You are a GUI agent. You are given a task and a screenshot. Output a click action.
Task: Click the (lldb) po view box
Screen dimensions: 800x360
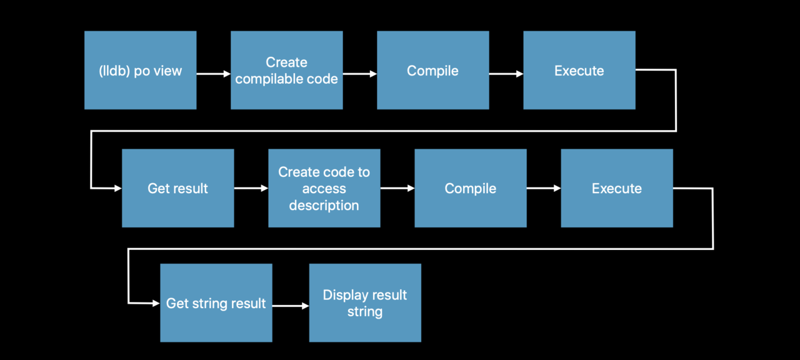[x=141, y=70]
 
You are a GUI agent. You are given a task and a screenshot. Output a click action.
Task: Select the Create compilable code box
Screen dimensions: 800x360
[x=287, y=70]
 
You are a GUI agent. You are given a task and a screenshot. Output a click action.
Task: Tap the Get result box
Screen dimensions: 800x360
[x=178, y=188]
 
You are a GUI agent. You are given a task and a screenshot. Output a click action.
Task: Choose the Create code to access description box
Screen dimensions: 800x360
[x=324, y=188]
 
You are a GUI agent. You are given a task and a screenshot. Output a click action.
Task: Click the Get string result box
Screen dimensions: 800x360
[x=216, y=303]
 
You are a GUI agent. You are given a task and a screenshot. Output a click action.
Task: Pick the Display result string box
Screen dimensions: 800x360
[x=365, y=303]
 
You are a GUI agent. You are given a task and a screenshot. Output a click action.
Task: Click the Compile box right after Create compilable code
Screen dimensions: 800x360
[x=433, y=70]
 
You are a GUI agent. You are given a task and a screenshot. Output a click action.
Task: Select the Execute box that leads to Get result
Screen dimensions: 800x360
[x=579, y=70]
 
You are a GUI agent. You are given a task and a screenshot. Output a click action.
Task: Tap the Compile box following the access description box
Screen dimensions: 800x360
[x=471, y=188]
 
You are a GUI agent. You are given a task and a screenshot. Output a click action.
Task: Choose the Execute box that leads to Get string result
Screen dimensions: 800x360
[x=617, y=188]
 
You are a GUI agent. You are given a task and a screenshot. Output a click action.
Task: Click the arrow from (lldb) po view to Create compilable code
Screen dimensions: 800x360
[x=214, y=74]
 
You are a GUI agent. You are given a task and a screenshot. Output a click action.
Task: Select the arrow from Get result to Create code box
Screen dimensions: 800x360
[x=251, y=188]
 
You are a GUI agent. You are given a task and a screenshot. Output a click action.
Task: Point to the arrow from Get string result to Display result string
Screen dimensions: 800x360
[x=291, y=306]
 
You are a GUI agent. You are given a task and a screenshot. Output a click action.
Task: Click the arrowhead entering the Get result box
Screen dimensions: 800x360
[x=118, y=188]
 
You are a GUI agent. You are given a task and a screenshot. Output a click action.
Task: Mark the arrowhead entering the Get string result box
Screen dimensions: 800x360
[x=156, y=303]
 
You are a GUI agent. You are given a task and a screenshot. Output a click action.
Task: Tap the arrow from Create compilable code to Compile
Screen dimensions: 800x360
[x=360, y=74]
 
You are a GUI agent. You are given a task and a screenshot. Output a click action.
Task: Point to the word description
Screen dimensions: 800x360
[x=324, y=206]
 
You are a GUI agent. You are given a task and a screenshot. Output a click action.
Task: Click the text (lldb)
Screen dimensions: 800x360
[x=114, y=71]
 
